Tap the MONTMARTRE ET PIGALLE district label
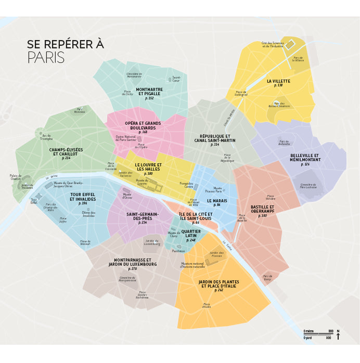(149, 92)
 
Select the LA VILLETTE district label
(278, 81)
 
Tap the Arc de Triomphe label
(46, 137)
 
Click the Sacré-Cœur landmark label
(176, 79)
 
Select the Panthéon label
(178, 251)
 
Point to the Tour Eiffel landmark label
(34, 201)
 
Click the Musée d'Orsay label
(127, 196)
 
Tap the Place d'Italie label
(207, 305)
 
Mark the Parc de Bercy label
(267, 278)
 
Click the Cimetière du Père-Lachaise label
(308, 186)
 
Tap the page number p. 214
(66, 158)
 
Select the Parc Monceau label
(80, 110)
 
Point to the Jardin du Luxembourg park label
(152, 242)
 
